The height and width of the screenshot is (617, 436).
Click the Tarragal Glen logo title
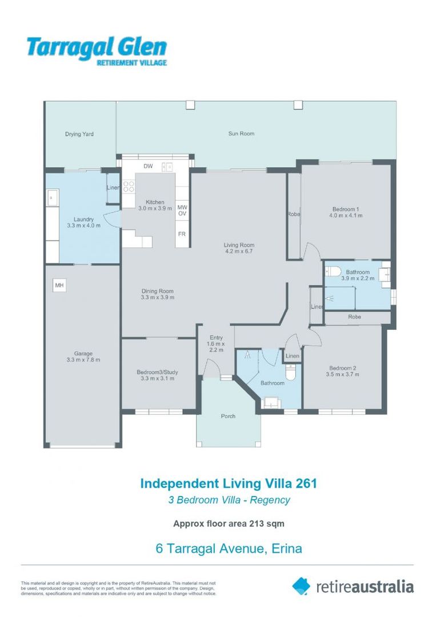(x=97, y=48)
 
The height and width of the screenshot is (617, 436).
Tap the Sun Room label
(x=241, y=134)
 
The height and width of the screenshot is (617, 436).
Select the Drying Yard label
(x=79, y=134)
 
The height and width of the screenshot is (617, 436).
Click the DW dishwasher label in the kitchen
(x=148, y=166)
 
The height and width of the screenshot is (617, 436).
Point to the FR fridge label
(x=182, y=234)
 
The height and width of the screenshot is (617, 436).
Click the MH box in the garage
(x=59, y=285)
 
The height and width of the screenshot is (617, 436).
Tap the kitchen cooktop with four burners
(x=129, y=186)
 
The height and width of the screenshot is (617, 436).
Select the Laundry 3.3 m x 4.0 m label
(x=83, y=222)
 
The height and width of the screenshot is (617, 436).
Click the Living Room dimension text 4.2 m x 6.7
(x=239, y=251)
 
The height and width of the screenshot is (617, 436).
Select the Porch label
(x=228, y=416)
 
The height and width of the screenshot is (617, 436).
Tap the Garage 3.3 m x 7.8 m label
(x=83, y=356)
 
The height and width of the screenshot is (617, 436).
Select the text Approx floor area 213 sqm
(x=229, y=524)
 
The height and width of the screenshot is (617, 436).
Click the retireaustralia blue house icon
(x=301, y=586)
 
